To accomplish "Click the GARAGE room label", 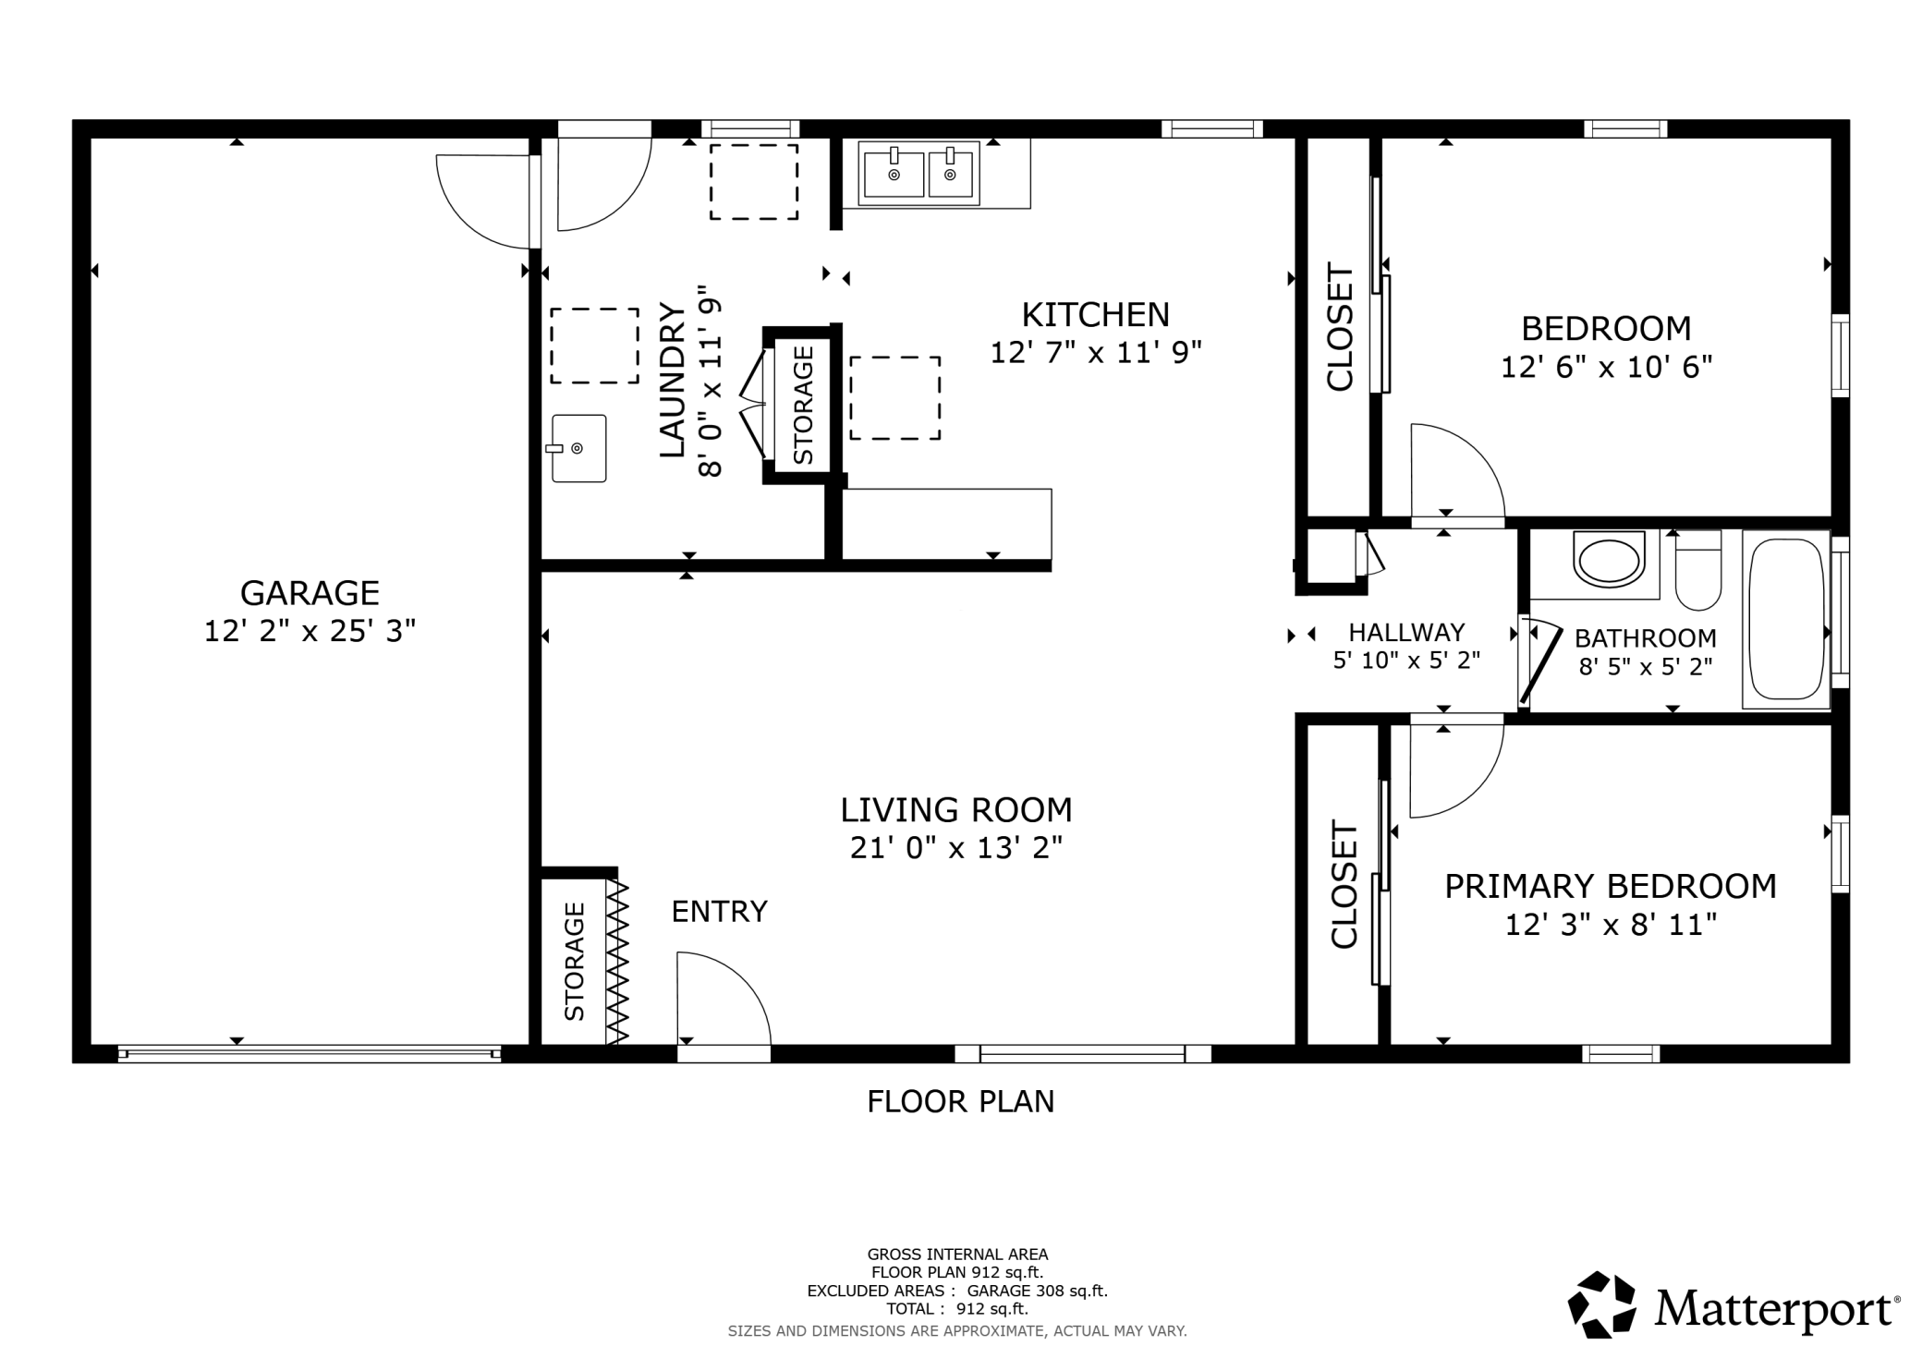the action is point(310,592).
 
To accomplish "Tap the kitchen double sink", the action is point(918,174).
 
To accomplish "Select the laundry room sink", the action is point(578,448).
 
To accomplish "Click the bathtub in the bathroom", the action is point(1786,619).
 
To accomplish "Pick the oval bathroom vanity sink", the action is point(1609,559).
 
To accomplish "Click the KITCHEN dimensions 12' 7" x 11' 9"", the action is point(1096,353).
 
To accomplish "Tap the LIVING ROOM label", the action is point(956,810).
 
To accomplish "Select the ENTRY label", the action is point(719,912).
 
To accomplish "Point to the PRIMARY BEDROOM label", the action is point(1611,886).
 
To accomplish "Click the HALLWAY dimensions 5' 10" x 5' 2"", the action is point(1406,661).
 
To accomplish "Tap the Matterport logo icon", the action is point(1601,1304).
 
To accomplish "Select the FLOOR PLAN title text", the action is point(960,1102).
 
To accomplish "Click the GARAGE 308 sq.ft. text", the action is point(1037,1291).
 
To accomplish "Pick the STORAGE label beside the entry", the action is point(574,962).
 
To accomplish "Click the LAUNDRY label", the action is point(672,380).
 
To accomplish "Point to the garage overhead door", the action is point(310,1053).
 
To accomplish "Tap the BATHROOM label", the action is point(1646,638).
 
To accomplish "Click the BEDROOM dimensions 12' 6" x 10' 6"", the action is point(1606,368).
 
